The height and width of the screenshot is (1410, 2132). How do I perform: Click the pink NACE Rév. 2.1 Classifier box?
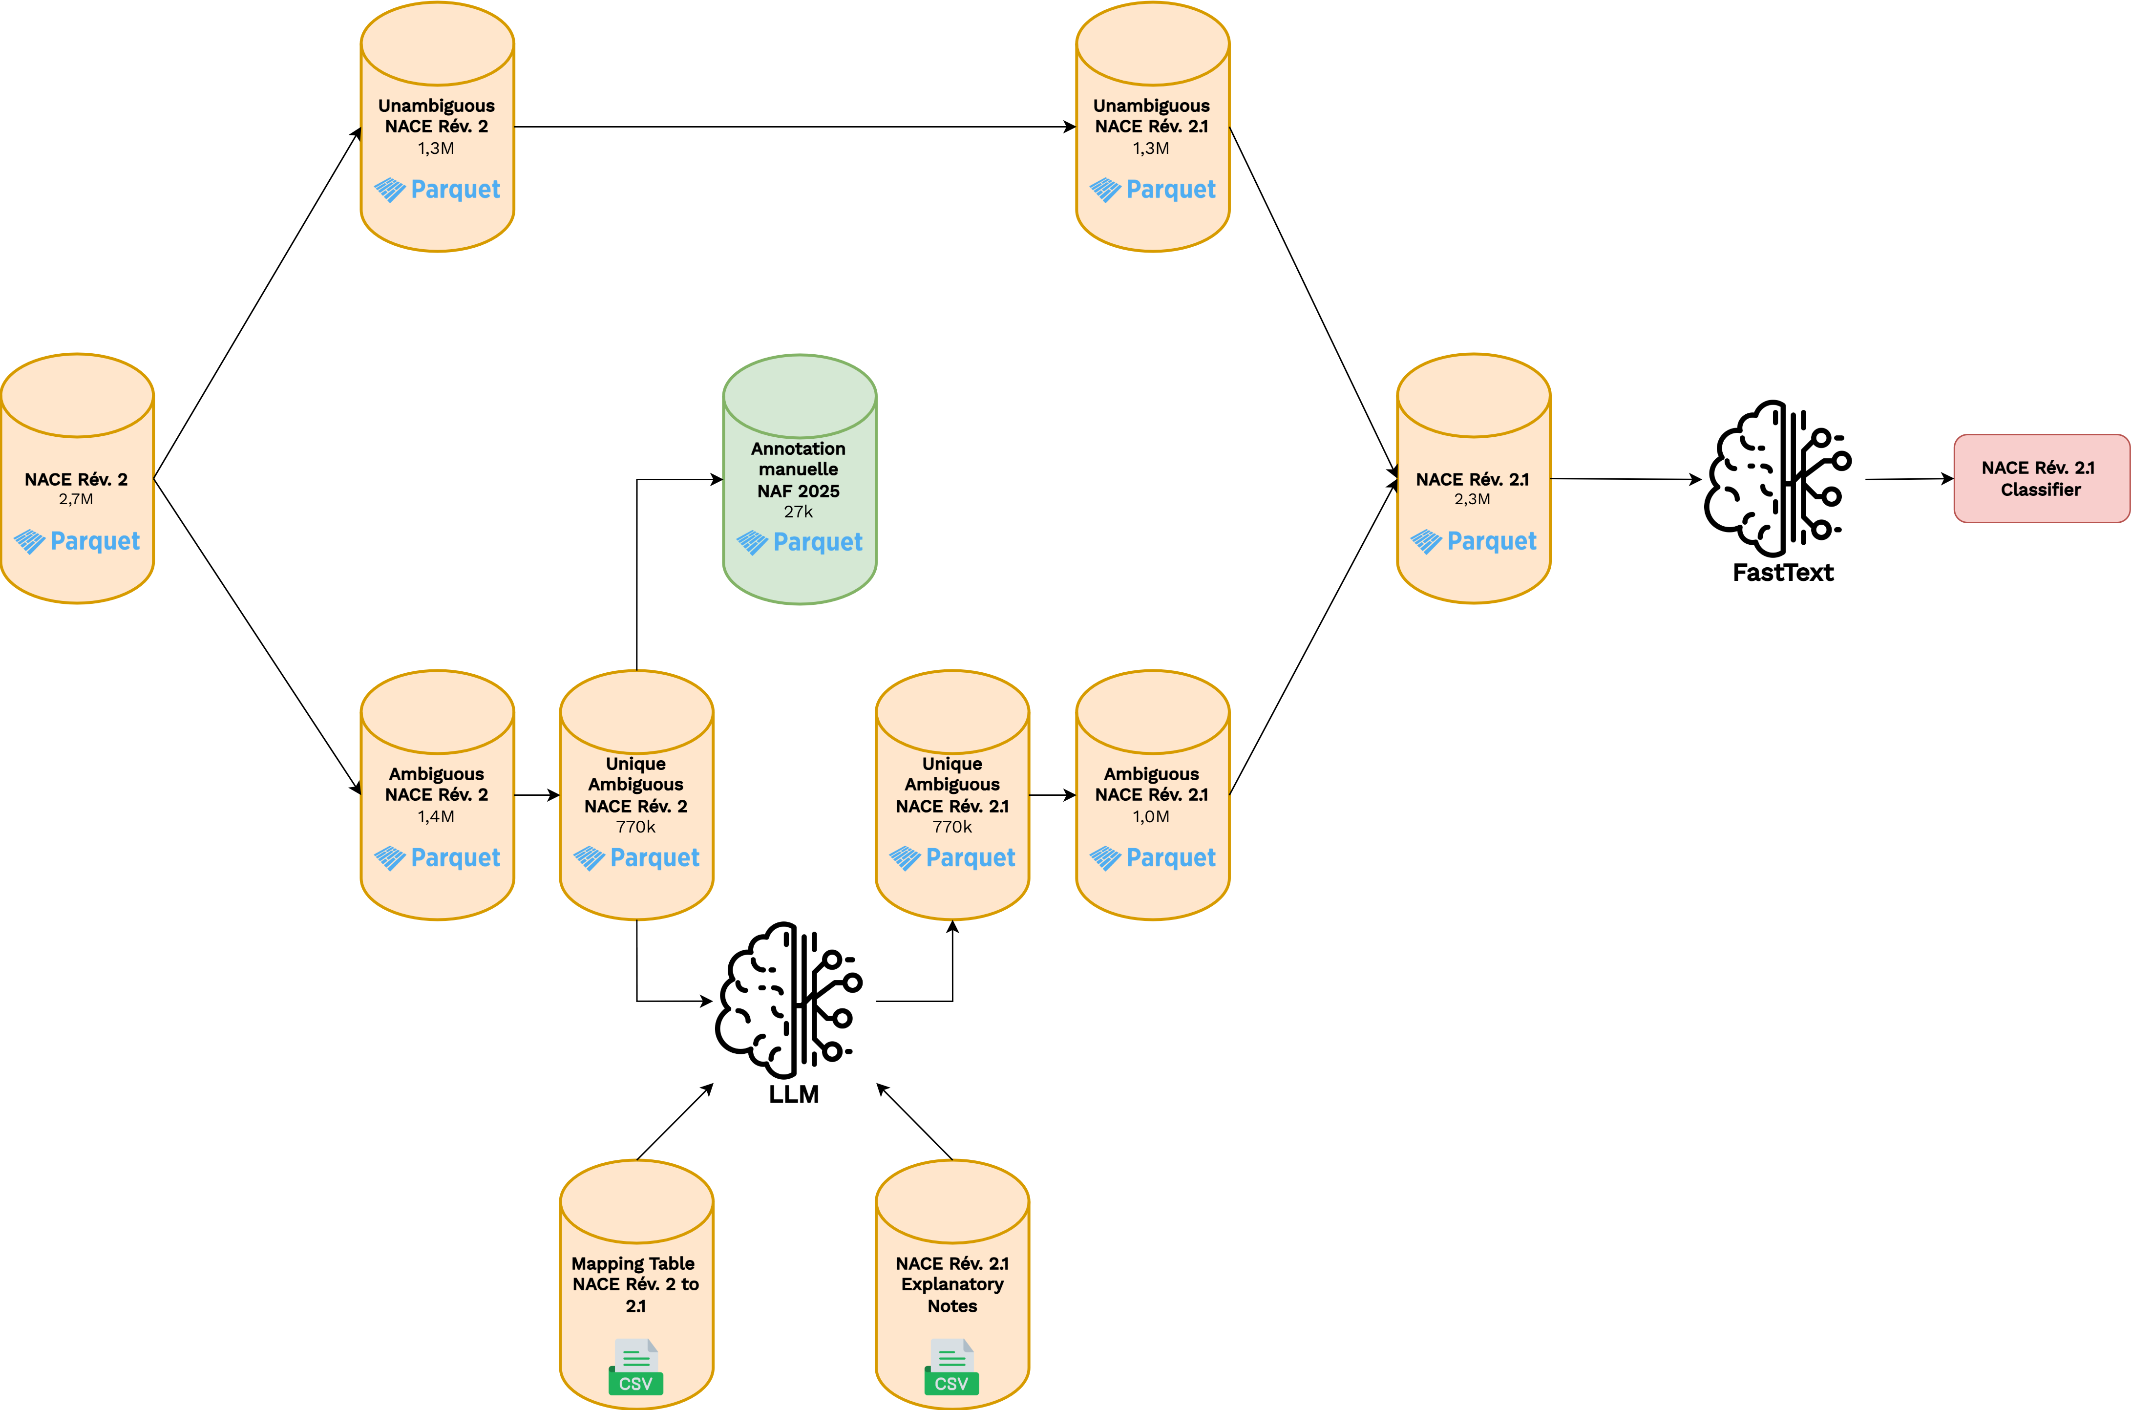coord(2040,478)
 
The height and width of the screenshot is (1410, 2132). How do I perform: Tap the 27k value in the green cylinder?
coord(798,512)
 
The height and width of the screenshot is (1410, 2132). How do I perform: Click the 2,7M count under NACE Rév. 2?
coord(76,499)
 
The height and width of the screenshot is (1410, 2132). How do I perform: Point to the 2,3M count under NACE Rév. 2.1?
coord(1472,499)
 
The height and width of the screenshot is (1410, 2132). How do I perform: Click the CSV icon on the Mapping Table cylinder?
coord(636,1367)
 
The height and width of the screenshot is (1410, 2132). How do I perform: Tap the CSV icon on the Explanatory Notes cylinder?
coord(952,1367)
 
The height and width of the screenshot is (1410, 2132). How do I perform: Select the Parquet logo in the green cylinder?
coord(799,542)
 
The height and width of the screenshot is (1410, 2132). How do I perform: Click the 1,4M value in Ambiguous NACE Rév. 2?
coord(436,816)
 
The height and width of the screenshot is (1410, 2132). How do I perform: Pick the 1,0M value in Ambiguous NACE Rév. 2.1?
coord(1151,816)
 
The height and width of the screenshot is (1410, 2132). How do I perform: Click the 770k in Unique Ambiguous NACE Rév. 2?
coord(635,826)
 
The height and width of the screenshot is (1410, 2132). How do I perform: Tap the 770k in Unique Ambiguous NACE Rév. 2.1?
coord(952,826)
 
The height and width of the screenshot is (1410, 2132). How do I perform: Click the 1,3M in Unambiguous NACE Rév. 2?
coord(436,149)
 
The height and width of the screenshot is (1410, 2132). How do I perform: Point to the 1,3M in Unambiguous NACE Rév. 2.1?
coord(1151,149)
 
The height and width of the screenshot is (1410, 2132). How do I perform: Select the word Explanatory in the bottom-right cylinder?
coord(952,1284)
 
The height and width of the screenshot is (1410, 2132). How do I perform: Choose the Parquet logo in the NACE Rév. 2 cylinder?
coord(77,541)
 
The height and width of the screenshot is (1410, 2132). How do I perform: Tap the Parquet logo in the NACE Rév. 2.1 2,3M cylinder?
coord(1473,541)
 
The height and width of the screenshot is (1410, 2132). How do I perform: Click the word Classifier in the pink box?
coord(2040,490)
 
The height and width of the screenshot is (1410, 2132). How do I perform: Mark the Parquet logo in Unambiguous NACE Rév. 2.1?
coord(1152,190)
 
